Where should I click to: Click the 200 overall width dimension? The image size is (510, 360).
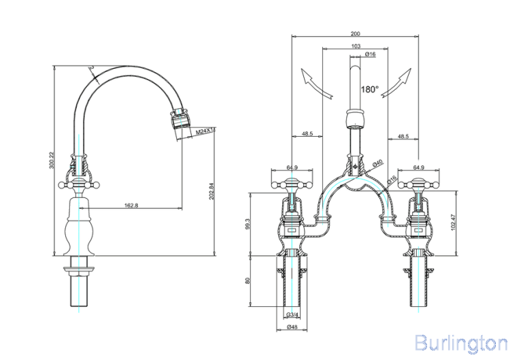(355, 33)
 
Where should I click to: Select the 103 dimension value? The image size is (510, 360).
(356, 46)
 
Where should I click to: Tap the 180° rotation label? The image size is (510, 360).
(370, 89)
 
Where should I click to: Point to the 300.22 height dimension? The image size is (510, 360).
(51, 161)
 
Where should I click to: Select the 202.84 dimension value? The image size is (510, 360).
(211, 191)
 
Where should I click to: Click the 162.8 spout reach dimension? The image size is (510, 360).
(131, 206)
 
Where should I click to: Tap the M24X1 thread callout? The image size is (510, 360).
(205, 131)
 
